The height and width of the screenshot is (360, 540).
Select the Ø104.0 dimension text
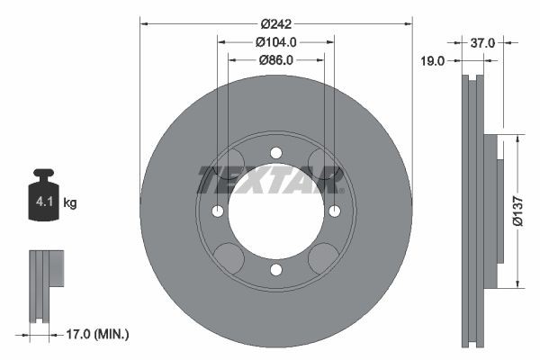tap(275, 41)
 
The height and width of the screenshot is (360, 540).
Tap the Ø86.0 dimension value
tap(275, 60)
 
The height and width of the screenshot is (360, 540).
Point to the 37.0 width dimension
tap(484, 41)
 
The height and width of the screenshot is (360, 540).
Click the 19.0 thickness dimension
tap(434, 61)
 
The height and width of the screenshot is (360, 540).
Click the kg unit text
tap(70, 203)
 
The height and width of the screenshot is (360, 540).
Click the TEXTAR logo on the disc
tap(271, 180)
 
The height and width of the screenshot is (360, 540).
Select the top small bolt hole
tap(276, 151)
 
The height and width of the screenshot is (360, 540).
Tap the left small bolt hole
tap(218, 211)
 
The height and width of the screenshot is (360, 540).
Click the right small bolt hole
tap(335, 211)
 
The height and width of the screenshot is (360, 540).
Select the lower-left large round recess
tap(230, 258)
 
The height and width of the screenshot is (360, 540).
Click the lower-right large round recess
tap(322, 258)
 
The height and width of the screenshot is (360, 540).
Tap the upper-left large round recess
tap(230, 163)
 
